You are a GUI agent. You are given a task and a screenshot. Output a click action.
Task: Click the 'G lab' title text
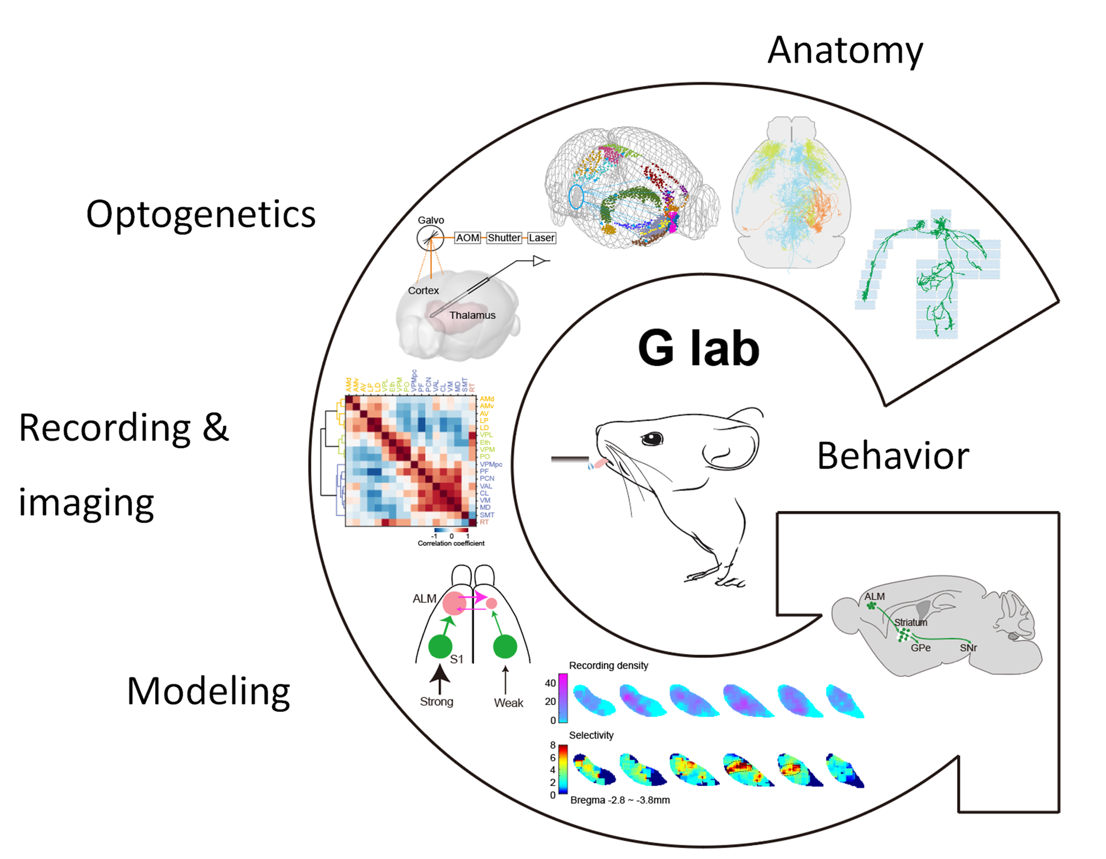[x=698, y=348]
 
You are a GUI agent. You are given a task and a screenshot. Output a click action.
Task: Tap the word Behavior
[x=892, y=456]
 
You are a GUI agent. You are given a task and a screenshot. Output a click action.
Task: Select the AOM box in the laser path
[x=467, y=238]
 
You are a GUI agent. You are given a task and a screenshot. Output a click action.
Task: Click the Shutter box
[x=504, y=238]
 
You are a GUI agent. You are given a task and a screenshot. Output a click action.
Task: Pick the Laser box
[x=542, y=238]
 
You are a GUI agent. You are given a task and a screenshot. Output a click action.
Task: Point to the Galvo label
[x=431, y=220]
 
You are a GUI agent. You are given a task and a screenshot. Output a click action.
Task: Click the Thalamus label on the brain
[x=472, y=315]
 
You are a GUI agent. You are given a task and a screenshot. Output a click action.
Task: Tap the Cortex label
[x=423, y=291]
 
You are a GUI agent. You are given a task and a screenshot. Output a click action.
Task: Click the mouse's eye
[x=652, y=439]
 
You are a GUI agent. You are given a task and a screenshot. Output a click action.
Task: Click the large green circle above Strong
[x=440, y=646]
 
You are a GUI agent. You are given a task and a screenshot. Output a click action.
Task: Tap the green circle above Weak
[x=505, y=647]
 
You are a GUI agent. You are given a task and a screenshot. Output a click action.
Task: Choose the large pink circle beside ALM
[x=454, y=603]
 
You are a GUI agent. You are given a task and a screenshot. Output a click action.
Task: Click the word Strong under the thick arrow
[x=436, y=702]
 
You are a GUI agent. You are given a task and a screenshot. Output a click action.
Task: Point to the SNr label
[x=968, y=648]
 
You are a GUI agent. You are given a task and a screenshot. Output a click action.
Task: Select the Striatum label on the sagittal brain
[x=911, y=622]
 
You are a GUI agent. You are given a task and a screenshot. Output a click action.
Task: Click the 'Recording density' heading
[x=608, y=665]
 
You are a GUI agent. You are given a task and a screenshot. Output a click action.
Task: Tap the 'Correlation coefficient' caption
[x=451, y=543]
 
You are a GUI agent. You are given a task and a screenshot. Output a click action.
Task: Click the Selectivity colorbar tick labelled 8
[x=552, y=745]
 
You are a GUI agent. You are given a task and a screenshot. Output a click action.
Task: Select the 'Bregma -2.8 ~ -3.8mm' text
[x=620, y=800]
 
